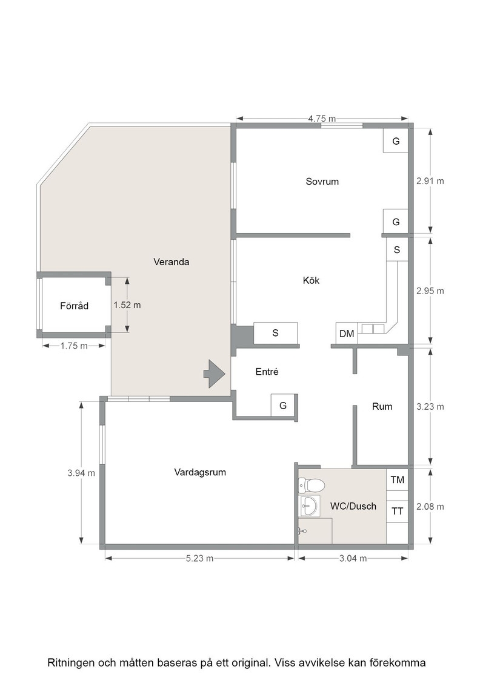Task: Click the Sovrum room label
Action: tap(322, 182)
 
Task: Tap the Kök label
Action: tap(311, 281)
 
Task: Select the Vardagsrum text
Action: tap(200, 472)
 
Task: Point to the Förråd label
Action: tap(74, 306)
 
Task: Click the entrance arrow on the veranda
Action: tap(215, 374)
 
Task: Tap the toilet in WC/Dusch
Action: tap(311, 485)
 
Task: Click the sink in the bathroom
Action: tap(308, 505)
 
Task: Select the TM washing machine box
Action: tap(398, 479)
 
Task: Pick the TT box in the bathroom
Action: tap(398, 512)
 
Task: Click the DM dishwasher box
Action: tap(347, 334)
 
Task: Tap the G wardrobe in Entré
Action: tap(283, 405)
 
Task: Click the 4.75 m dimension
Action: tap(322, 119)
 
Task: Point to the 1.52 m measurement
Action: tap(127, 305)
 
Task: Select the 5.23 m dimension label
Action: tap(199, 558)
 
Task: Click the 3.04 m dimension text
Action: tap(353, 558)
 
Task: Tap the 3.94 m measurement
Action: tap(81, 473)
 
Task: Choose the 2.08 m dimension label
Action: tap(430, 506)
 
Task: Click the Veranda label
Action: tap(172, 262)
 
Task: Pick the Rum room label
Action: tap(382, 406)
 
